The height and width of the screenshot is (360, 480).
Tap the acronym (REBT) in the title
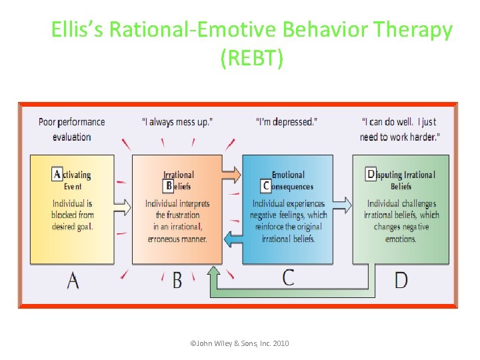(251, 58)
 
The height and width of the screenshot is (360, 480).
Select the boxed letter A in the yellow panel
(57, 174)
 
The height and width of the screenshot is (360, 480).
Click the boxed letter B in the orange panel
(169, 185)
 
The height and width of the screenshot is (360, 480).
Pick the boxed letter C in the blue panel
(267, 185)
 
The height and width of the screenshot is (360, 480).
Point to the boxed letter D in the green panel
(371, 174)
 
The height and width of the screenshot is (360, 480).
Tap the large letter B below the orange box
(177, 280)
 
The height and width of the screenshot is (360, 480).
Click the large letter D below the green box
(401, 280)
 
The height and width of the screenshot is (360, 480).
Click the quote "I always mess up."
(177, 122)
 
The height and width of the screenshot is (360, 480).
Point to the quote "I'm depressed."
(287, 122)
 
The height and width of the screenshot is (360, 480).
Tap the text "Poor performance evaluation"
(72, 129)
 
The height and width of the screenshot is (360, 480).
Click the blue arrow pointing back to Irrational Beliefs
(232, 237)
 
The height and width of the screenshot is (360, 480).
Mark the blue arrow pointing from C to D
(341, 204)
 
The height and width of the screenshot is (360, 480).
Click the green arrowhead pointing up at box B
(214, 272)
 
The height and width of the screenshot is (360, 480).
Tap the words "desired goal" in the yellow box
(72, 227)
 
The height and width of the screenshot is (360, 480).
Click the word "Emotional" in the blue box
(288, 175)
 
